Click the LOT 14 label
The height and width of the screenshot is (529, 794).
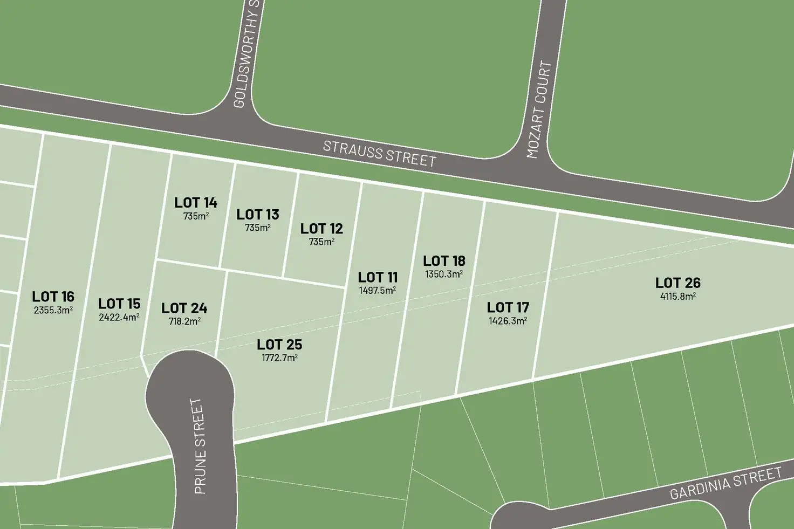(196, 203)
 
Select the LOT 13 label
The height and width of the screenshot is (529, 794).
(258, 215)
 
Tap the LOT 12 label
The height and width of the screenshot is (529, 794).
(321, 229)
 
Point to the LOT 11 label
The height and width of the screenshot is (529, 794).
(378, 277)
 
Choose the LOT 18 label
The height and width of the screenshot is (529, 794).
(444, 261)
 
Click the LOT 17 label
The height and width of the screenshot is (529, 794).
(508, 307)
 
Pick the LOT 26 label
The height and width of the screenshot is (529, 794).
(677, 283)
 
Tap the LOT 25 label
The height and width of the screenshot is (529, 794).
(279, 344)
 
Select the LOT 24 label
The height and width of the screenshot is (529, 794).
(184, 308)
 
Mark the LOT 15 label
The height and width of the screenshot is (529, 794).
(119, 304)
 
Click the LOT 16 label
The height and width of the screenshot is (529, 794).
(53, 297)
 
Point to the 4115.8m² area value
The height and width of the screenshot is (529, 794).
(677, 296)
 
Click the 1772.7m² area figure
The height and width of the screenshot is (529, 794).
(279, 358)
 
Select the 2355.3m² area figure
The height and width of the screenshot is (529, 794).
(53, 310)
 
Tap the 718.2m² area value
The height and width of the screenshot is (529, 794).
(184, 321)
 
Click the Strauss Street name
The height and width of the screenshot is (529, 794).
(379, 154)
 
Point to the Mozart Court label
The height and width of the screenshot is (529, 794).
(539, 110)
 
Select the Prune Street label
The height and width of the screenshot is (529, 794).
(200, 446)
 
